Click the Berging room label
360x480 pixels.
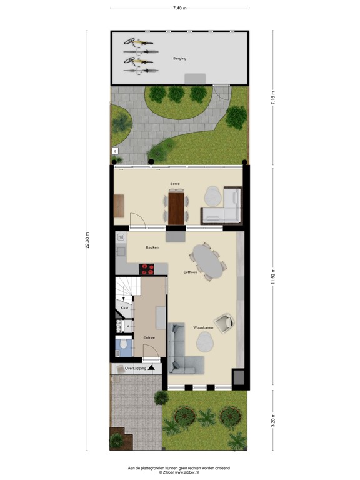180,58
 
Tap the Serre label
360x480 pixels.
175,184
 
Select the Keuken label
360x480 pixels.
152,247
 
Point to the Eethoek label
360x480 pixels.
191,272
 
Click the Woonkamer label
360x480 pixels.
204,327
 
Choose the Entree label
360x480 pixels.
149,337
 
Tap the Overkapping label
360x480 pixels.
135,368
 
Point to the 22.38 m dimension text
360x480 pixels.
88,240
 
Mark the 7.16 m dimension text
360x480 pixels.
272,99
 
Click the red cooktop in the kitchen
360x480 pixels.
147,269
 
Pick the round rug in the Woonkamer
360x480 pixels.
206,342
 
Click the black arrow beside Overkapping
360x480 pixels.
151,368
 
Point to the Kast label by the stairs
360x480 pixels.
124,308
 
